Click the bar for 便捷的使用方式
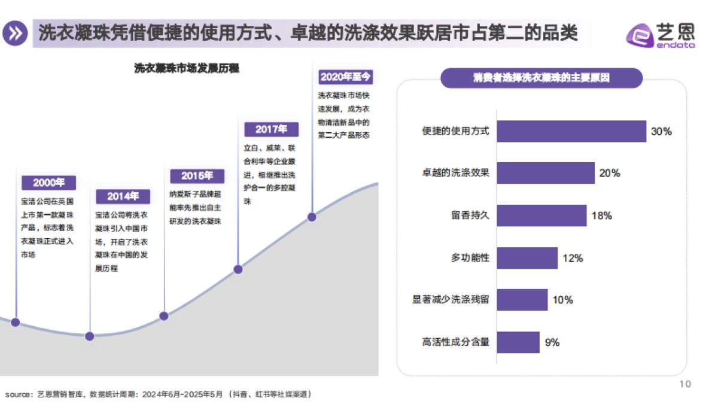pos(571,131)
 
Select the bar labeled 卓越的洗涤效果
pos(546,173)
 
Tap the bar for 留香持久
pos(541,215)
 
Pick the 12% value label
pos(573,259)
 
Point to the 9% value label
pos(552,343)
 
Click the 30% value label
pos(661,132)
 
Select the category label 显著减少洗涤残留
pos(451,300)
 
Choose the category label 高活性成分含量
pos(455,343)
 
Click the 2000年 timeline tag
pos(49,183)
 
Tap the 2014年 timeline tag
pos(123,196)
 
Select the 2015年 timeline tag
pos(197,176)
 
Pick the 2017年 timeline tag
pos(271,129)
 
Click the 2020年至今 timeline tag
pos(346,77)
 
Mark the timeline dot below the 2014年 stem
pos(90,336)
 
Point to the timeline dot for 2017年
pos(238,269)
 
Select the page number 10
pos(686,384)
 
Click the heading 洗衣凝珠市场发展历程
pos(186,68)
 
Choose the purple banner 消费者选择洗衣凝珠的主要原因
pos(541,78)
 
